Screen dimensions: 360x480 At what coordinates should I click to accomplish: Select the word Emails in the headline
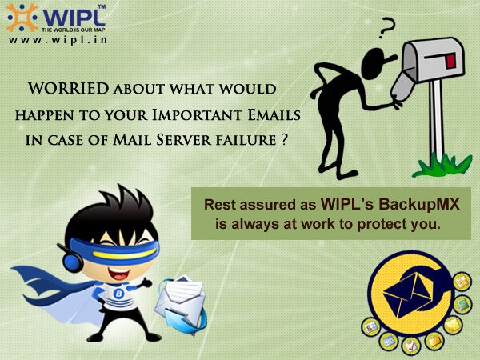(263, 113)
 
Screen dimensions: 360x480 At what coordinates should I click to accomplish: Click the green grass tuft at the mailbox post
(436, 166)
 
